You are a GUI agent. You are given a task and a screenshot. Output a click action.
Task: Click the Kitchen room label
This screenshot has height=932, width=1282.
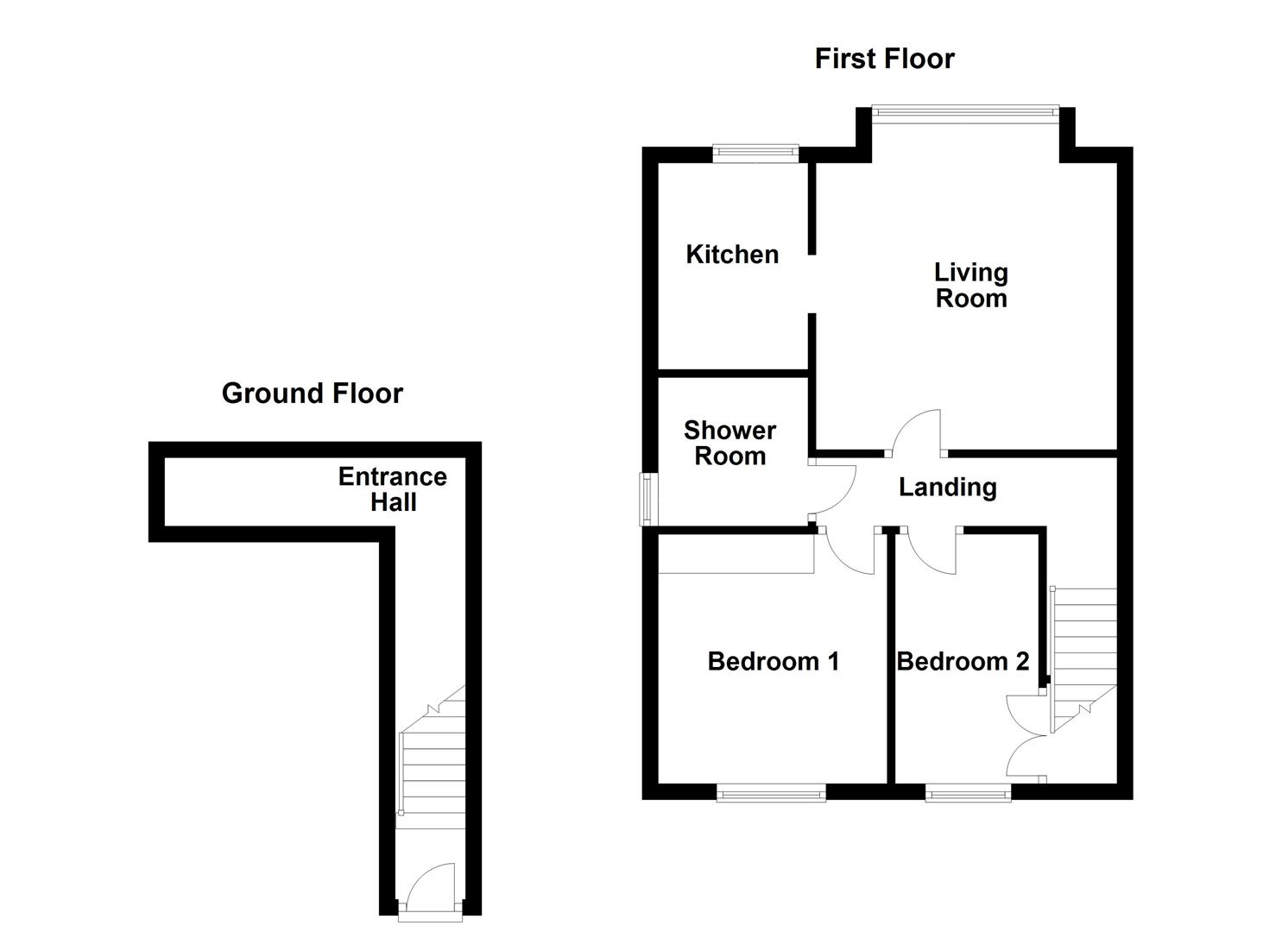pos(732,255)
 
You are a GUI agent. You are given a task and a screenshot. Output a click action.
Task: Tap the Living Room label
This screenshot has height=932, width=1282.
pos(971,286)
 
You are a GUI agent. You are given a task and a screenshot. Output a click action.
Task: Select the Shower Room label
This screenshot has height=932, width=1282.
pos(729,444)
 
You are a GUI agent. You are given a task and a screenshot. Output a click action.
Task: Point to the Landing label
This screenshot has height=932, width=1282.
pos(947,488)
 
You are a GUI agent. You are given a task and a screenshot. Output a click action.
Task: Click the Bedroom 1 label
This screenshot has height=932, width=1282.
pos(773,662)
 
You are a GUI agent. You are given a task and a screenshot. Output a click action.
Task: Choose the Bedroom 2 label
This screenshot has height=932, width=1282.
pos(963,662)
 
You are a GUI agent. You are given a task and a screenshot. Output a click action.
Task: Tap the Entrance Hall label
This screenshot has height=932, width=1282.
pos(393,489)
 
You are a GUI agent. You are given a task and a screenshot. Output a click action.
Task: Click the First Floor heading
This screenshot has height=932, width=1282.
pos(884,59)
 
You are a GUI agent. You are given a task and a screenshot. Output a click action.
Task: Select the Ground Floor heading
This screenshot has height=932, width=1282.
pos(312,394)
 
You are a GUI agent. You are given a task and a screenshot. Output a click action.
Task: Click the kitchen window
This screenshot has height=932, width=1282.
pos(755,154)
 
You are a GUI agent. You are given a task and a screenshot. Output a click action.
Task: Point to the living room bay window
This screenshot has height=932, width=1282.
pos(964,110)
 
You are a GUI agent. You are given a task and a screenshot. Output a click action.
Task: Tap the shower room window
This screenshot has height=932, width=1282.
pos(647,499)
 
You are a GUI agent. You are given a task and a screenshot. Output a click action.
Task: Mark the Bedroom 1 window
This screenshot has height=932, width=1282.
pos(771,792)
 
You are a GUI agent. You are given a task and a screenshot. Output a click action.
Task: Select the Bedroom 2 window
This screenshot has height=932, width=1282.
pos(968,792)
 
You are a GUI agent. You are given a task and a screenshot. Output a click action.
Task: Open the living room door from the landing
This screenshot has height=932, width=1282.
pos(917,433)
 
